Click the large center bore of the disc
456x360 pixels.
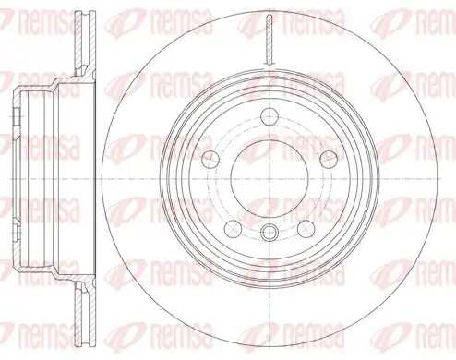pos(270,179)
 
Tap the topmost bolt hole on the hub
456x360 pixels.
pos(270,116)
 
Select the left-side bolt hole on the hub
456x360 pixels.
pos(210,160)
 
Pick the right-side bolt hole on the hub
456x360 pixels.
pos(329,160)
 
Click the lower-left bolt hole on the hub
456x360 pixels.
pos(233,229)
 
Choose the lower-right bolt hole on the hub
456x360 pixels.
pos(306,229)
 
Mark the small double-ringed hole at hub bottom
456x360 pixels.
pos(270,233)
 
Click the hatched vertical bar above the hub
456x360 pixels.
pos(270,39)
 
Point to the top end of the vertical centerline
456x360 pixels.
pos(270,8)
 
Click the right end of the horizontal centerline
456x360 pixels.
pos(440,179)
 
